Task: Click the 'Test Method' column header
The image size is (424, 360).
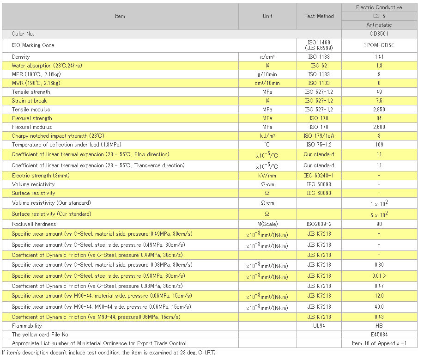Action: (x=319, y=16)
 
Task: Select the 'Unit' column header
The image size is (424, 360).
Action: (x=267, y=16)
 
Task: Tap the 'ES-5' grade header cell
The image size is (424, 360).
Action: (x=379, y=16)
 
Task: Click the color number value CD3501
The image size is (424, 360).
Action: (x=379, y=34)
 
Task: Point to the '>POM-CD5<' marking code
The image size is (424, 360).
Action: (x=379, y=45)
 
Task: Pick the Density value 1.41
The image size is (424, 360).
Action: (x=379, y=57)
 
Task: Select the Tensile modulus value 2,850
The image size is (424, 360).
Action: (x=379, y=110)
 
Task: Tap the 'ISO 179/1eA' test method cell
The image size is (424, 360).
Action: (x=319, y=136)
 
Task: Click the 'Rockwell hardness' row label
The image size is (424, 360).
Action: (x=34, y=224)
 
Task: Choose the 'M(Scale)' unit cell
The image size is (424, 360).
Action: (x=267, y=224)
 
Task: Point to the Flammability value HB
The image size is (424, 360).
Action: (x=379, y=326)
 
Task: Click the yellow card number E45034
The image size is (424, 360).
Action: (x=379, y=335)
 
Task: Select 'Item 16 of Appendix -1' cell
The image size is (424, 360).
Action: (x=379, y=343)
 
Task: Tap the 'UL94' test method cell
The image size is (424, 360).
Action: (x=319, y=326)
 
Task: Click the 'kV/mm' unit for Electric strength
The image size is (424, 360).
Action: (x=267, y=176)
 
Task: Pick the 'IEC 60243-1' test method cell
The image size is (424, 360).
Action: (x=319, y=176)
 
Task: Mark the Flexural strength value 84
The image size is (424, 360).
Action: (x=379, y=118)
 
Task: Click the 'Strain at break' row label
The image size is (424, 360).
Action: (x=29, y=101)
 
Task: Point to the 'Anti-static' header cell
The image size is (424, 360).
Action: (x=379, y=25)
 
